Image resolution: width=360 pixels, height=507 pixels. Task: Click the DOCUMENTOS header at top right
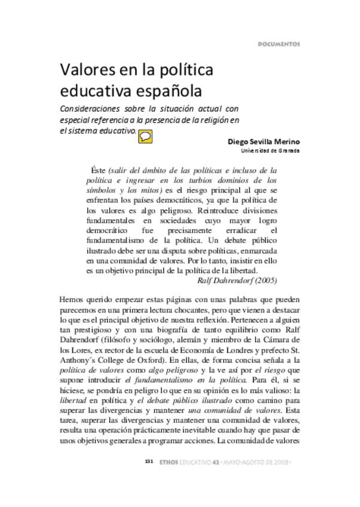pos(279,44)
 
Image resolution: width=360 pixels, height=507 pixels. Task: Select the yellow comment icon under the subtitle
pos(145,136)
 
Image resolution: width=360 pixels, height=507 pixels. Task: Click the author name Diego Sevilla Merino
pos(264,142)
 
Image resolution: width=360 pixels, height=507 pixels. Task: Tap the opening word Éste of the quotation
pos(97,170)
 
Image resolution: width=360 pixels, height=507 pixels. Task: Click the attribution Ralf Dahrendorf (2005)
pos(237,280)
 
